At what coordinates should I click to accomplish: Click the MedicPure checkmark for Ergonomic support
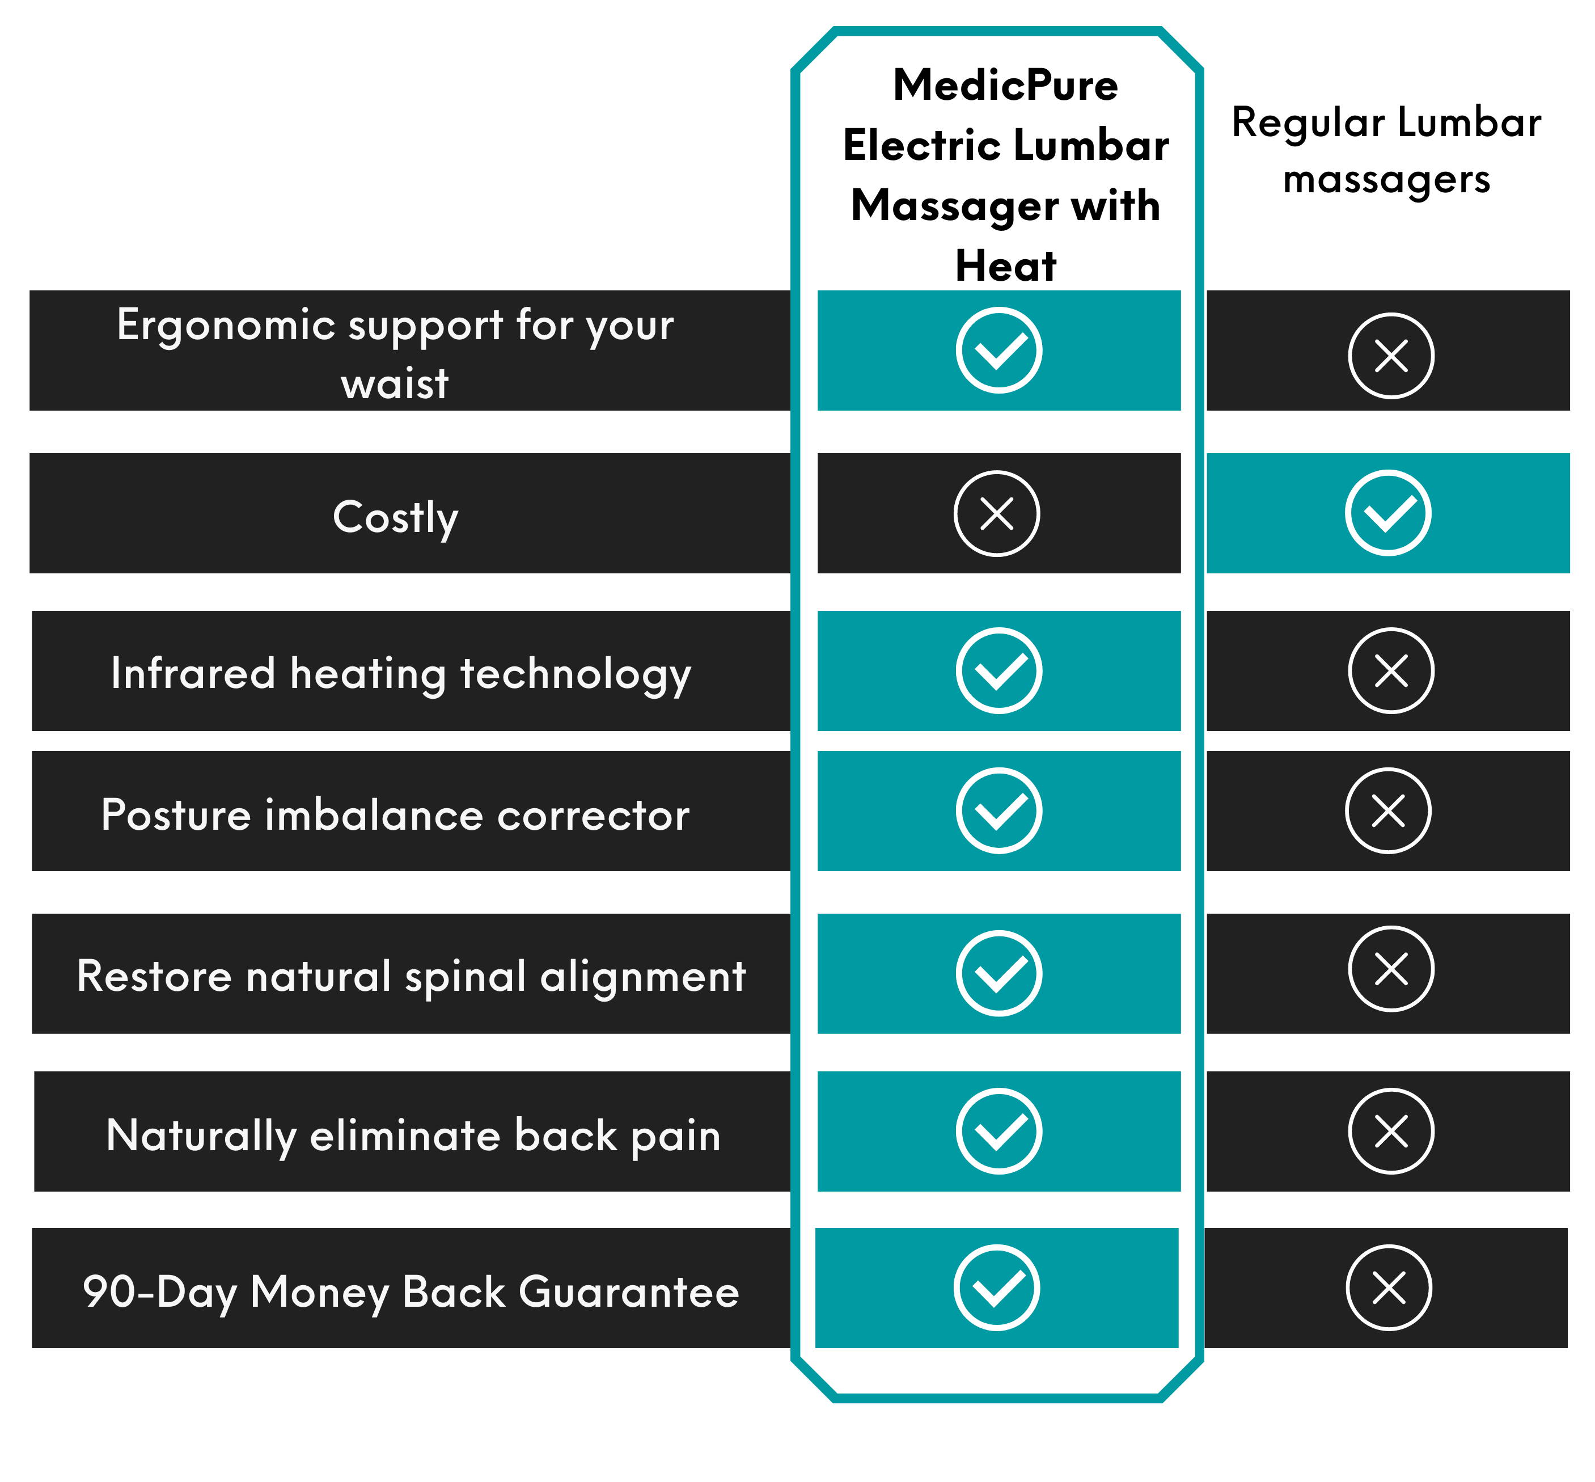999,351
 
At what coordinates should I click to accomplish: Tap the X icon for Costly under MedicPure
997,513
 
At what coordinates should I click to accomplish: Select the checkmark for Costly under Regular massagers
1388,513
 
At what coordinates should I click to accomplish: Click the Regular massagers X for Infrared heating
1391,670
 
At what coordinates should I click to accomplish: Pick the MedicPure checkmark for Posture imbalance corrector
999,811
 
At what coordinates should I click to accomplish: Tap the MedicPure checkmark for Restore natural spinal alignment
999,974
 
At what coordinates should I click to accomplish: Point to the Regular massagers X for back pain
1391,1131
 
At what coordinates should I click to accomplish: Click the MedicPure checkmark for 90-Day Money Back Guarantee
997,1288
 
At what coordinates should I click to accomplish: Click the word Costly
395,517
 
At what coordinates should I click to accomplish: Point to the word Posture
176,815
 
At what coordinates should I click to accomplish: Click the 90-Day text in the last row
159,1293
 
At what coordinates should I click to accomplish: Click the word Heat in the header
1006,265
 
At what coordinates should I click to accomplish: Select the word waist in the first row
395,383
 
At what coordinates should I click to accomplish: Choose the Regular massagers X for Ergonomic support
1391,355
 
